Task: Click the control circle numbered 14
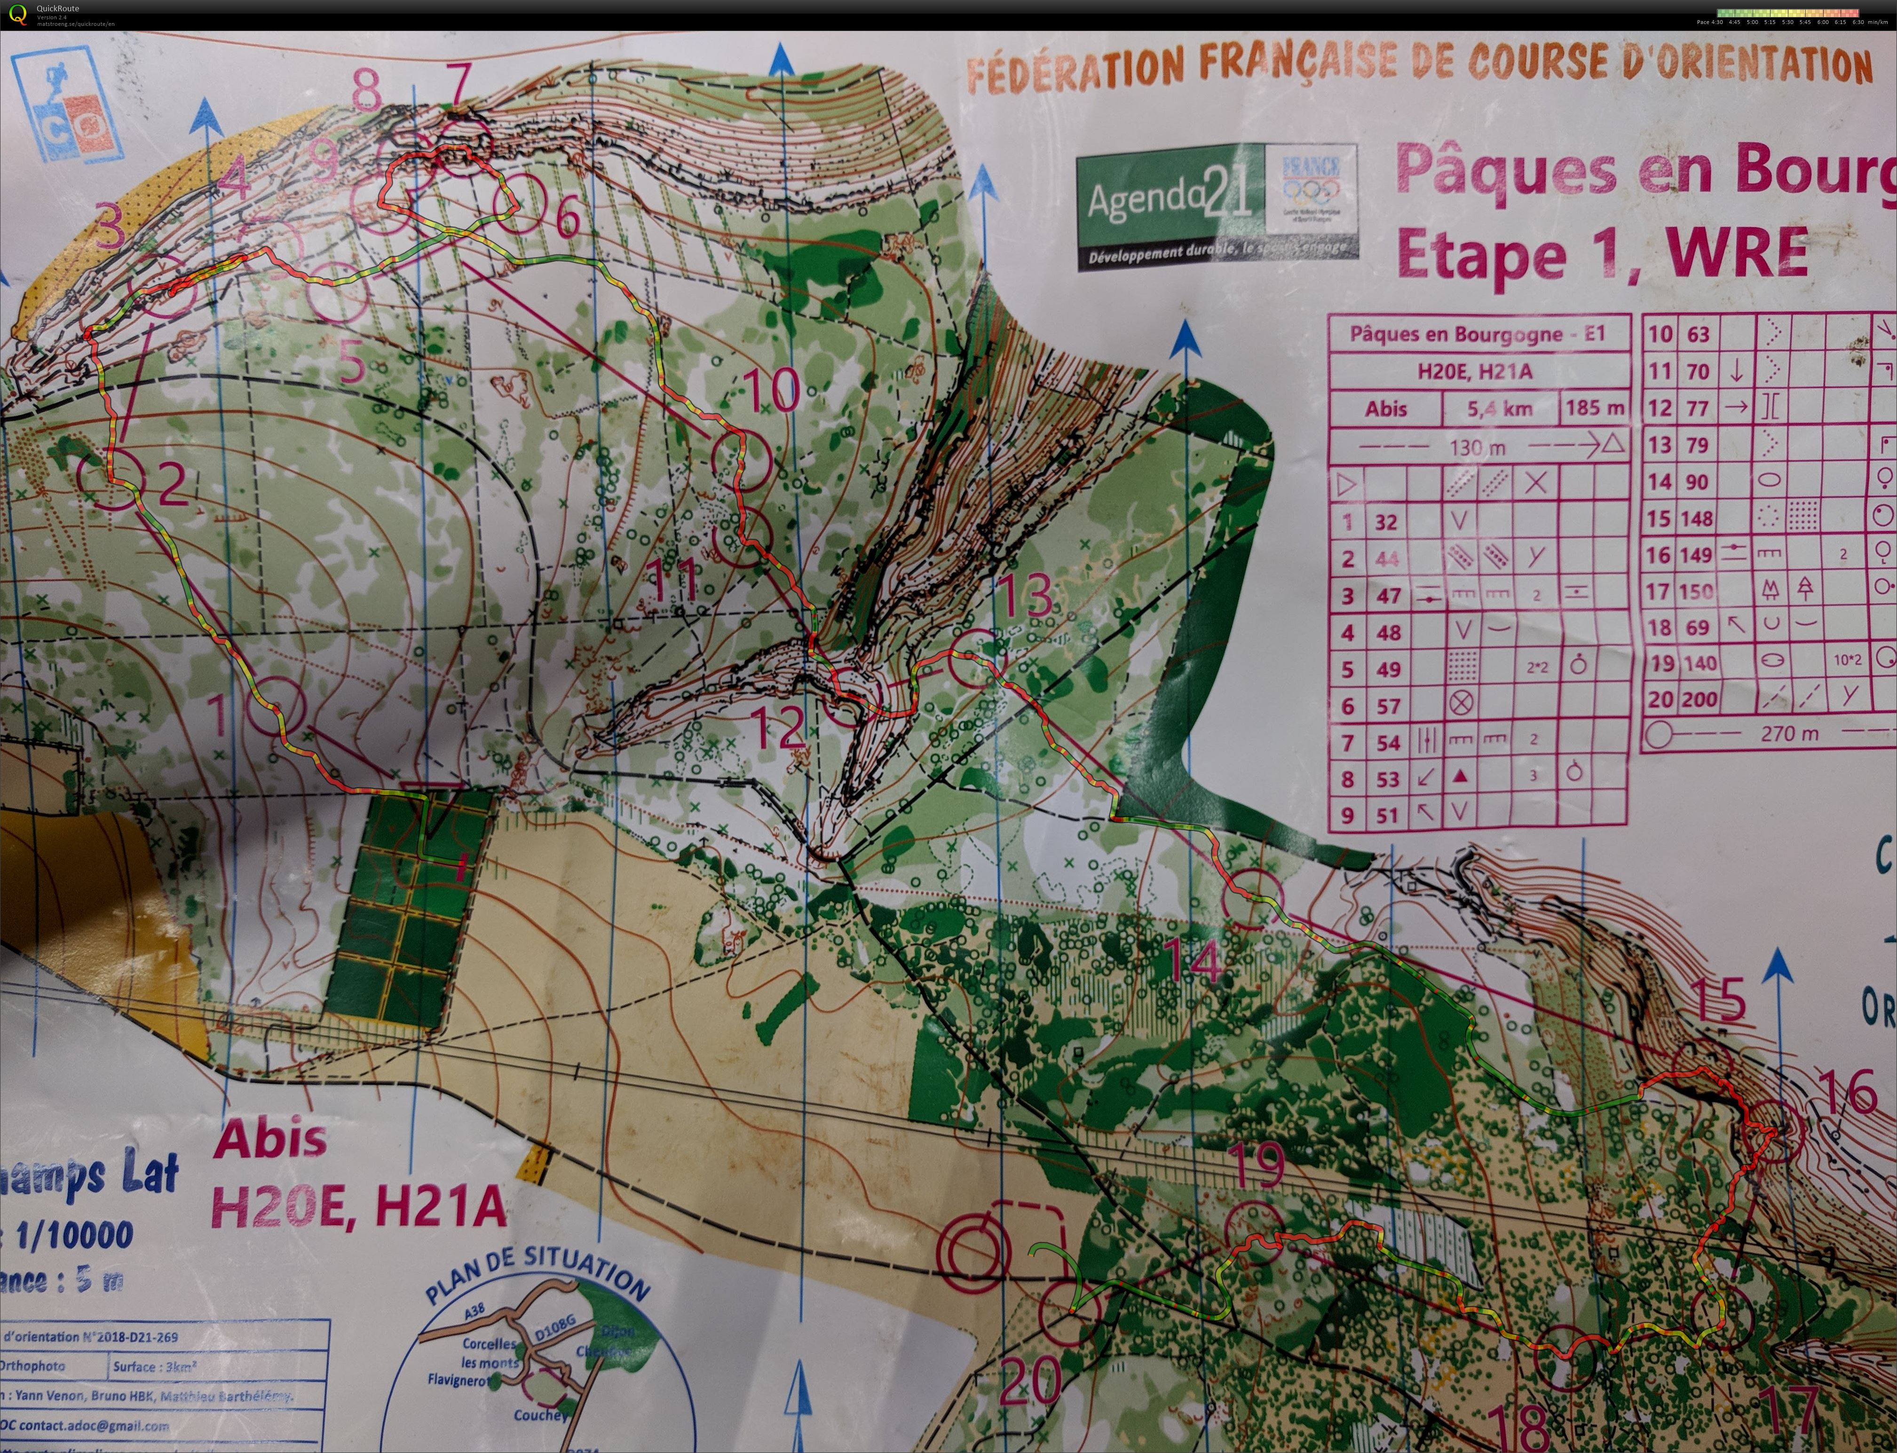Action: (x=1252, y=899)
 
